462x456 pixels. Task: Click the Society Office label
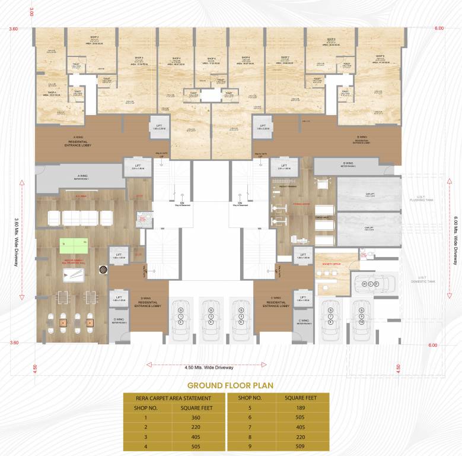click(332, 262)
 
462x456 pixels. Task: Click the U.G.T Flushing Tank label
click(425, 198)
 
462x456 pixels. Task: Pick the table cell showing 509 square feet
click(301, 445)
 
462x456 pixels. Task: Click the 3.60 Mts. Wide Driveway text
click(14, 240)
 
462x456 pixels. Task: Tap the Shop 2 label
click(93, 40)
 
